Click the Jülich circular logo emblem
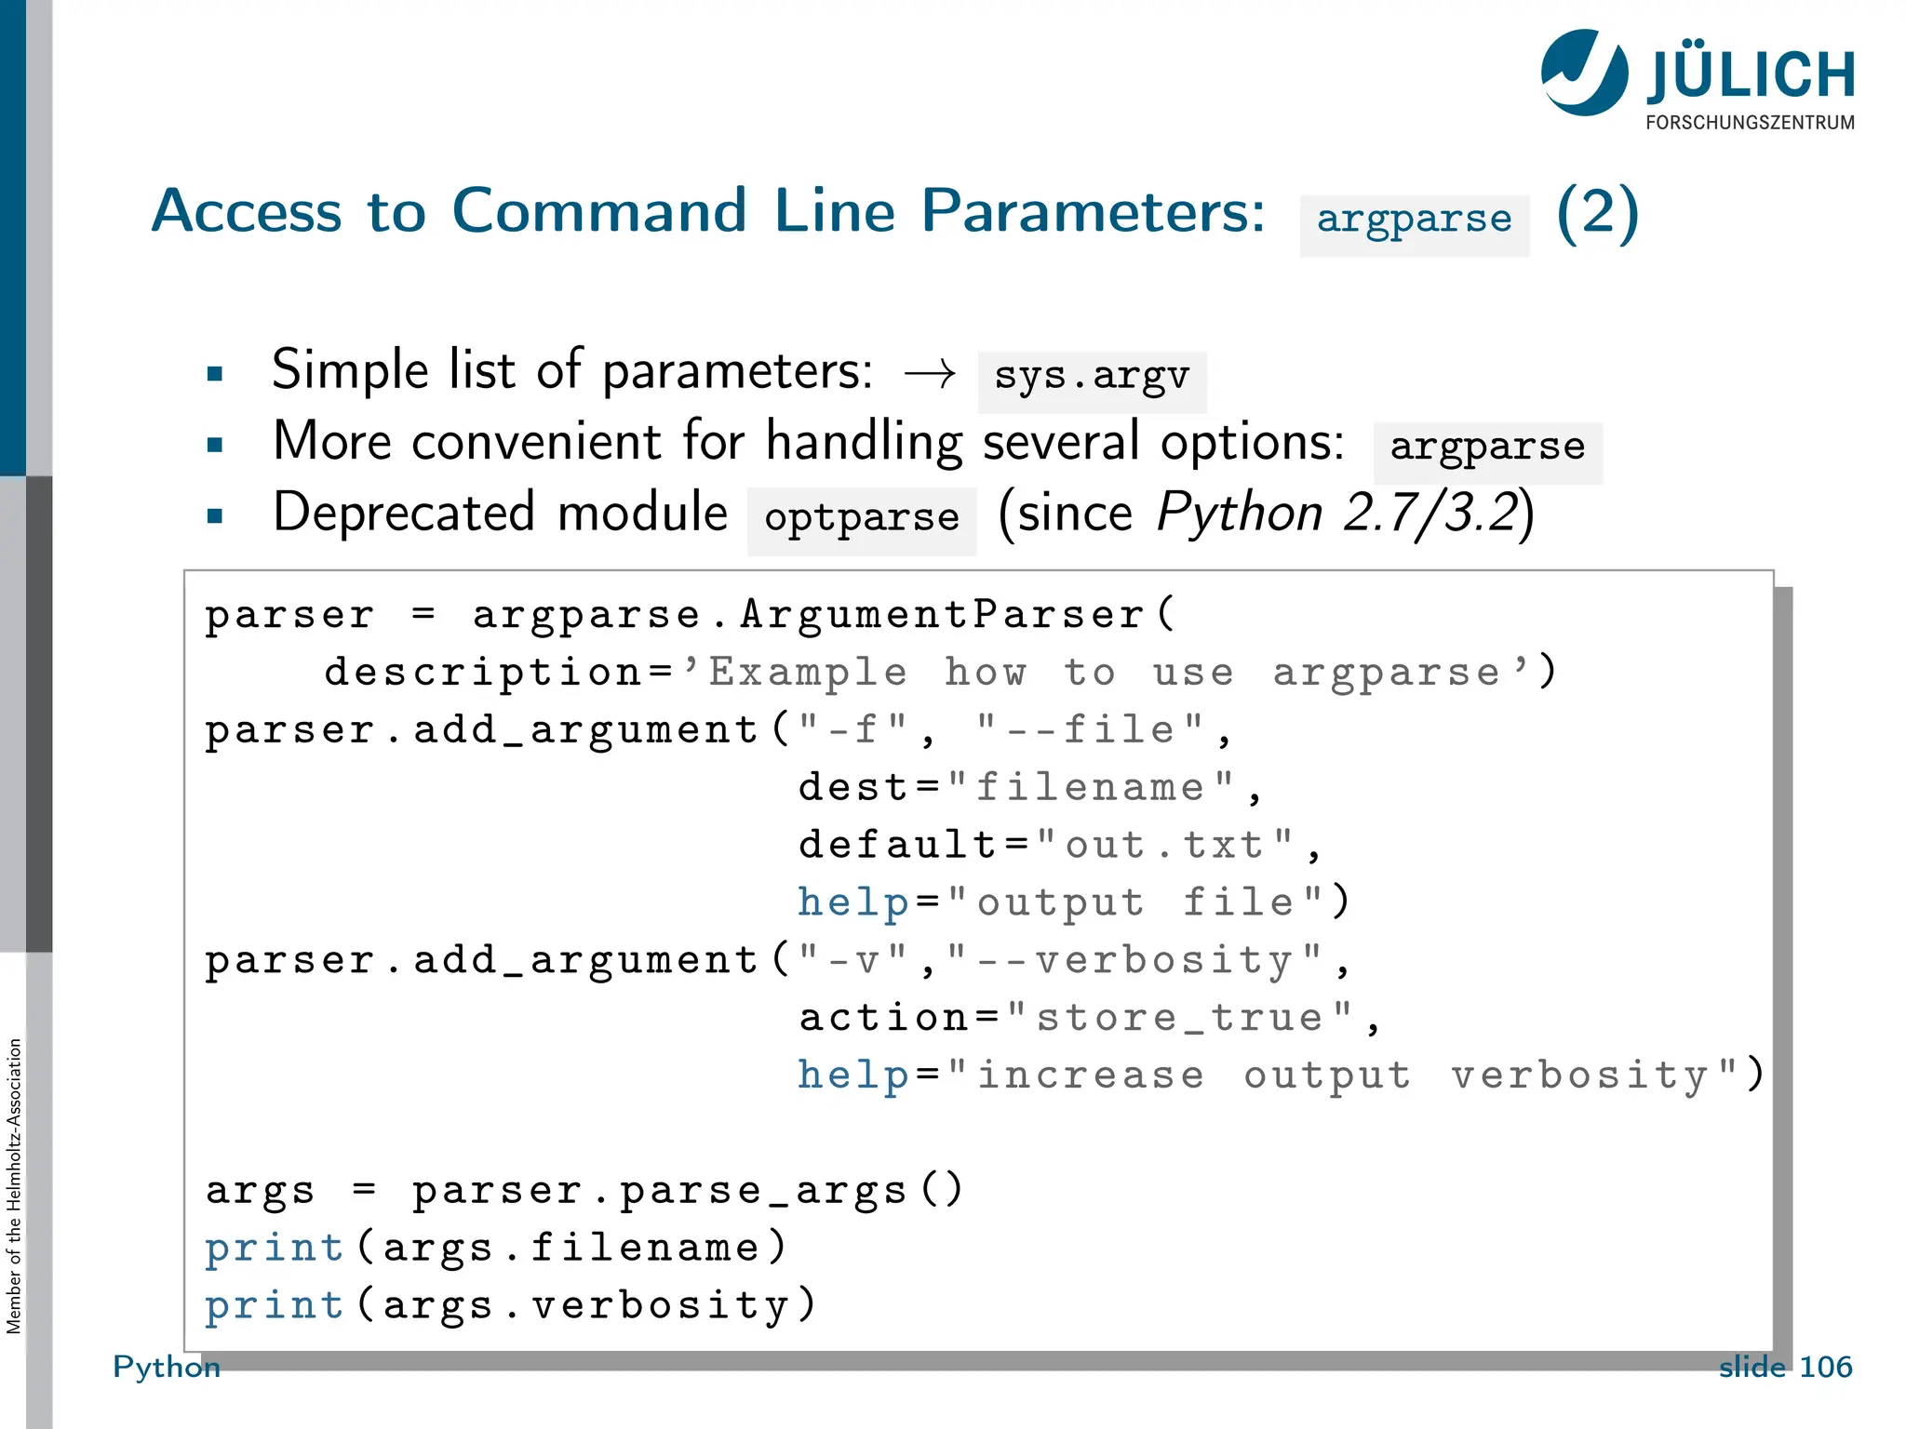pyautogui.click(x=1584, y=73)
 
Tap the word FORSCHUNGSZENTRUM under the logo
pyautogui.click(x=1750, y=123)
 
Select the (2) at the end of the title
pyautogui.click(x=1597, y=214)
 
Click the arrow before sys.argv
pyautogui.click(x=930, y=375)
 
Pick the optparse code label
pyautogui.click(x=862, y=519)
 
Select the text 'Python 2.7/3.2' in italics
pyautogui.click(x=1338, y=514)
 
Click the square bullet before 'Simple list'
pyautogui.click(x=215, y=375)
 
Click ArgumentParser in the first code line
pyautogui.click(x=942, y=616)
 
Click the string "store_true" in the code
pyautogui.click(x=1180, y=1018)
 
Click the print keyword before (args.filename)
pyautogui.click(x=275, y=1249)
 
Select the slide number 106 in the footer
pyautogui.click(x=1825, y=1367)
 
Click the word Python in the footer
pyautogui.click(x=167, y=1367)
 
